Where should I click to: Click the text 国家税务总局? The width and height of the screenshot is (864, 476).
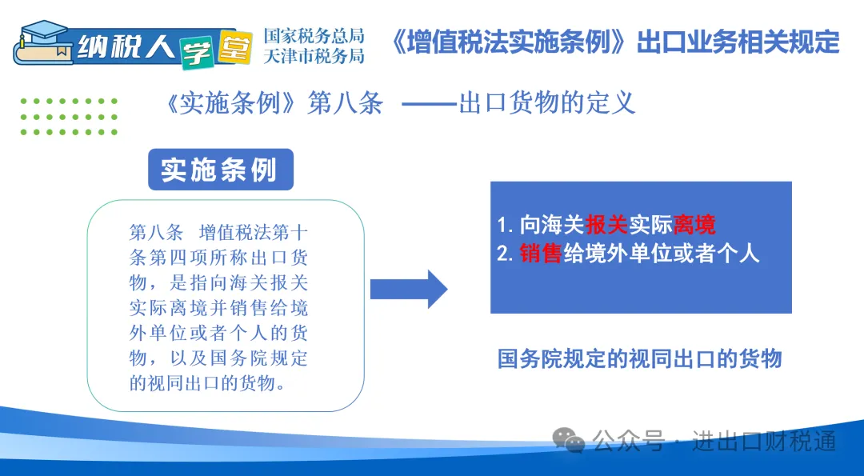coord(314,36)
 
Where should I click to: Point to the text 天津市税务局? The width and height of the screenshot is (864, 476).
coord(314,56)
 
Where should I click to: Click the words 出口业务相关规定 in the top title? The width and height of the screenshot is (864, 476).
coord(738,42)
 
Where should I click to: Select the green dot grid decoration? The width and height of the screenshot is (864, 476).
coord(69,117)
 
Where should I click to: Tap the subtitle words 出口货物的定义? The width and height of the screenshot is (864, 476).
coord(547,103)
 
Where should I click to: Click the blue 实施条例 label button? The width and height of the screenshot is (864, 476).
coord(221,170)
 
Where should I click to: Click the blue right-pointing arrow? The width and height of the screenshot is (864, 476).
coord(408,290)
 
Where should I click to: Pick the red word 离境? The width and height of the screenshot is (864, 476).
coord(694,225)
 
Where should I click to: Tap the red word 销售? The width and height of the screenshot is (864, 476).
coord(541,254)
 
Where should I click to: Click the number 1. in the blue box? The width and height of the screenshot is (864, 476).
coord(506,226)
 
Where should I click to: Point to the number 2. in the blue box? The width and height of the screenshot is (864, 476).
coord(506,254)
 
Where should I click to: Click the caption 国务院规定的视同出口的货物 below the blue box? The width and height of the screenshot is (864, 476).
coord(640,358)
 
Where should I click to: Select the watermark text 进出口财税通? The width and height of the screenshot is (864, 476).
coord(764,441)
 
